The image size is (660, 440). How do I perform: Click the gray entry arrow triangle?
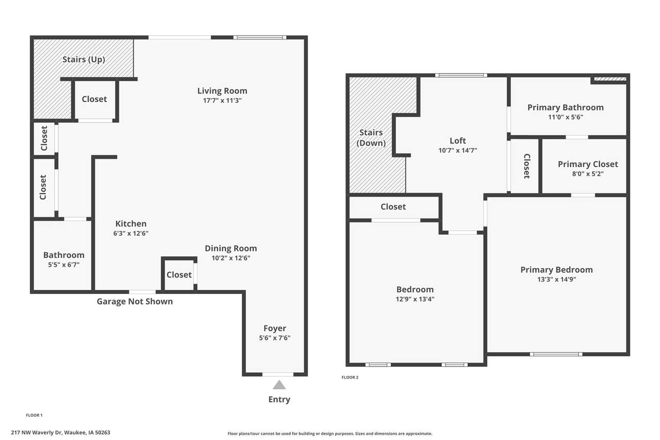click(x=279, y=385)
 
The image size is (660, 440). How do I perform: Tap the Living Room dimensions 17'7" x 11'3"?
click(x=222, y=101)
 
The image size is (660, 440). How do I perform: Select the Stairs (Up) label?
click(x=84, y=59)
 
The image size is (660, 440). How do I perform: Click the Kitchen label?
click(x=131, y=224)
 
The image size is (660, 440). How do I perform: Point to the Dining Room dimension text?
click(x=230, y=258)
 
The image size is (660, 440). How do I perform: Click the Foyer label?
click(x=275, y=328)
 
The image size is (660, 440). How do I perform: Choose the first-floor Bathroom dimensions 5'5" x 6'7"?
click(x=64, y=265)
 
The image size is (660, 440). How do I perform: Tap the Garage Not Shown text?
click(x=135, y=301)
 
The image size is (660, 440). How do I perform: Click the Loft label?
click(x=457, y=141)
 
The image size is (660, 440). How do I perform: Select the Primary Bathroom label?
click(x=566, y=108)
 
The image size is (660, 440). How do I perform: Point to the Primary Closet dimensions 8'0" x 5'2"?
click(x=588, y=174)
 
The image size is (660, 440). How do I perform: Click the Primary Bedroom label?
click(x=556, y=270)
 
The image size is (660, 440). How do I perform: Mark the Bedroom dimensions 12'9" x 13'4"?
click(x=415, y=299)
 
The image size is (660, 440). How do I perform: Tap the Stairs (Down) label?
click(x=371, y=138)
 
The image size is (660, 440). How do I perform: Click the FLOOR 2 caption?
click(x=350, y=377)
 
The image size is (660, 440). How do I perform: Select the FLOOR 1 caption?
click(x=34, y=415)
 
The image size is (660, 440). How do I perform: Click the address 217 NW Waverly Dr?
click(x=37, y=433)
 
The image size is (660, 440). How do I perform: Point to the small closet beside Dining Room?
click(x=179, y=274)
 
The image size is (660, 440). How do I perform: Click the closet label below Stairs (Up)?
click(x=94, y=99)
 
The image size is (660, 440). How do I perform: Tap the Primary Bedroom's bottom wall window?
click(x=556, y=354)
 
